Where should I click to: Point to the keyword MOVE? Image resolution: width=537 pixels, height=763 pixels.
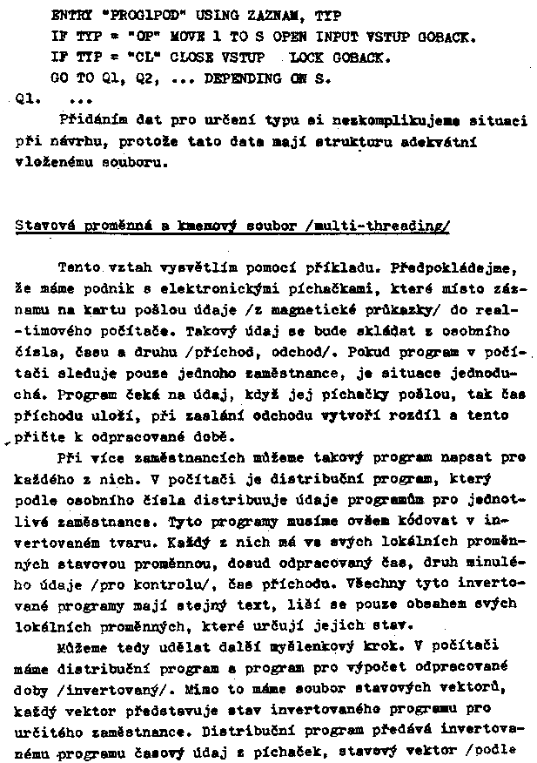coord(195,37)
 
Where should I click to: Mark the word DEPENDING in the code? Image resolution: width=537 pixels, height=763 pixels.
coord(237,79)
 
